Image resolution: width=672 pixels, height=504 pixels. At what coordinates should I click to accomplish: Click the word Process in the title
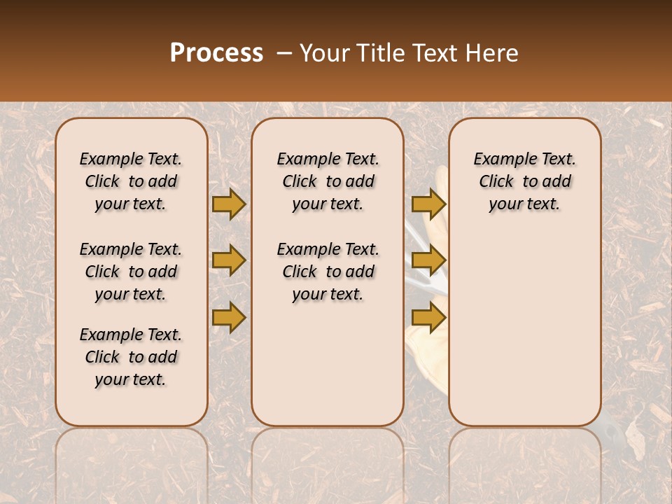click(216, 53)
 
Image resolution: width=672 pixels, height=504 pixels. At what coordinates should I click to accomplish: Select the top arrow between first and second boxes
click(229, 204)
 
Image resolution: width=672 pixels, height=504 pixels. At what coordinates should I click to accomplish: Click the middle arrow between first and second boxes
click(229, 260)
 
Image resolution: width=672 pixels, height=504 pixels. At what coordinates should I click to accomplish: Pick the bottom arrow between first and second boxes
click(229, 317)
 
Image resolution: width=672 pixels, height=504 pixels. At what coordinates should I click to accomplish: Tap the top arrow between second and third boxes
click(428, 204)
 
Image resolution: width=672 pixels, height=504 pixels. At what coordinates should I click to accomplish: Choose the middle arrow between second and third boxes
click(428, 260)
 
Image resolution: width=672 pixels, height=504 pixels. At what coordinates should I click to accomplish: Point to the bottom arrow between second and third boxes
click(428, 317)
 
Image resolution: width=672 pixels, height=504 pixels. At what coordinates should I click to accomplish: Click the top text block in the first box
click(131, 181)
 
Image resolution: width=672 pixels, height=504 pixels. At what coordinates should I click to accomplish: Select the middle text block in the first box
click(131, 272)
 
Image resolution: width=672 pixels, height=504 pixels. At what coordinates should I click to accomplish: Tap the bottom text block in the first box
click(131, 357)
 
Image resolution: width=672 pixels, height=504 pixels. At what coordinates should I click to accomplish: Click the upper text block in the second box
click(328, 181)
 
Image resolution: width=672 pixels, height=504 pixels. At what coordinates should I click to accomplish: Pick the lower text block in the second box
click(328, 272)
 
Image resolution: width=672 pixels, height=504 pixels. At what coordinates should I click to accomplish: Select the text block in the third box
click(524, 181)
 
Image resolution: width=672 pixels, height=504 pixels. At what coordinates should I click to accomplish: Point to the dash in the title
click(283, 53)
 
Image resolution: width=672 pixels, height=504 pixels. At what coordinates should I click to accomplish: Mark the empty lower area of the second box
click(328, 364)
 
